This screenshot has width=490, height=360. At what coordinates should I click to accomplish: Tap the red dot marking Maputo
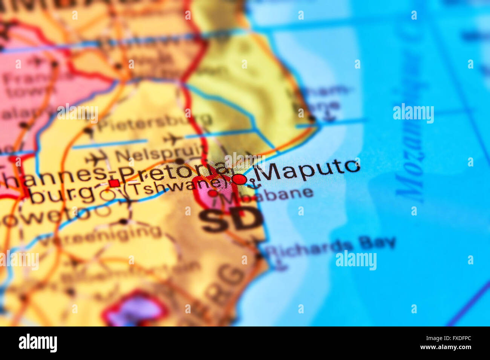click(239, 179)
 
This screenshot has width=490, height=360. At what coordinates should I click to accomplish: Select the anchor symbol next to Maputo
click(254, 184)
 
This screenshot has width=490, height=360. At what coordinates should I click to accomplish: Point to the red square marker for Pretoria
click(114, 183)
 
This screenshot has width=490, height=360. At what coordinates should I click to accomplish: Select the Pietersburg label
click(155, 122)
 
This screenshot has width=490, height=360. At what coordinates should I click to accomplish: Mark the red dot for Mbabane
click(213, 193)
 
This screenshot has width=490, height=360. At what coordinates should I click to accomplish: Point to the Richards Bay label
click(330, 246)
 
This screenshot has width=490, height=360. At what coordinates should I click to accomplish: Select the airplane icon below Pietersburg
click(173, 139)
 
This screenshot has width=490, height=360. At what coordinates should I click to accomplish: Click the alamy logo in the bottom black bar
click(38, 343)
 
